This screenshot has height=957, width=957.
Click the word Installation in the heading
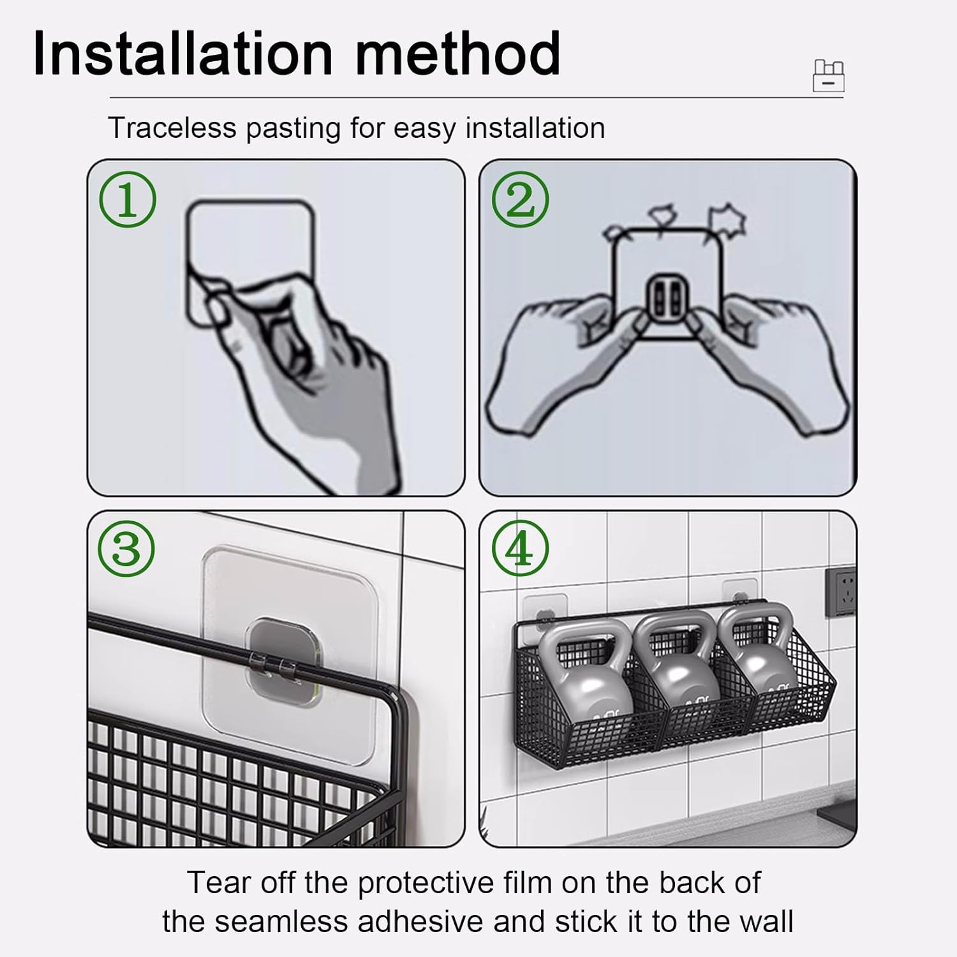pos(183,54)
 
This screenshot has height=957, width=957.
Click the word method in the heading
pos(457,54)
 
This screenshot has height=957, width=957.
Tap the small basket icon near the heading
pos(828,76)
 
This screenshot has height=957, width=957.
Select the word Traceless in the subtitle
pos(172,128)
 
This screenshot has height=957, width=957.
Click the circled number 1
pos(128,200)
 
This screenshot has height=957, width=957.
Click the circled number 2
pos(521,200)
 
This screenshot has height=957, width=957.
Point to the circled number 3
pos(128,549)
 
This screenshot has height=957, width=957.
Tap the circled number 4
pos(521,549)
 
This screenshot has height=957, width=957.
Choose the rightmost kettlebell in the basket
pos(759,664)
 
